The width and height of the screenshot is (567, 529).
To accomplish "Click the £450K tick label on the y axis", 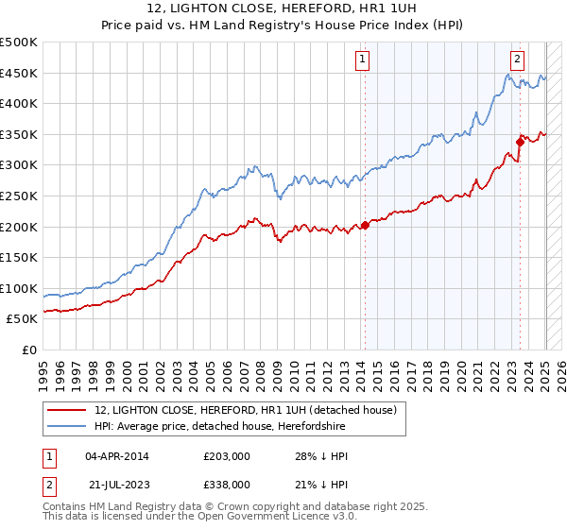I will pos(19,73).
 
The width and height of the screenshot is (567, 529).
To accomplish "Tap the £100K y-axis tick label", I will pos(19,288).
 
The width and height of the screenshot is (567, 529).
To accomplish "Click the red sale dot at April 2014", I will pos(365,226).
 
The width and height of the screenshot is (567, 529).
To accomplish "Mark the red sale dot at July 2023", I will pos(520,143).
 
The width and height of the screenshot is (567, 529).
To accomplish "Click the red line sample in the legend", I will pos(68,410).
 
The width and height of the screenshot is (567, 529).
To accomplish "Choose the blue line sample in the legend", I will pos(68,426).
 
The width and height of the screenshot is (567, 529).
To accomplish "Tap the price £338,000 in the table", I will pos(226,485).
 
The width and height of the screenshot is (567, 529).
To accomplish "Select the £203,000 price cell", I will pos(226,457).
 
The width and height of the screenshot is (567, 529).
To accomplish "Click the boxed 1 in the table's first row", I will pos(47,457).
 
